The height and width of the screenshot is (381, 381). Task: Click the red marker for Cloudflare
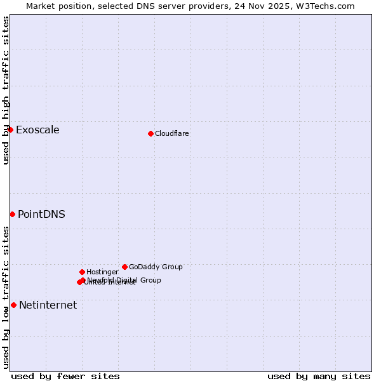(x=150, y=133)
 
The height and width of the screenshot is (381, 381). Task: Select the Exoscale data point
(x=10, y=130)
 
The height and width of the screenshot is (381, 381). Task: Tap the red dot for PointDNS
(x=12, y=214)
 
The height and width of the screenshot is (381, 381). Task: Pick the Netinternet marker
(x=13, y=305)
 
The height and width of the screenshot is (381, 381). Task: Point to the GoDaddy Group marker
(x=124, y=267)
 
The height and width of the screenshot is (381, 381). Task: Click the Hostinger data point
(x=82, y=272)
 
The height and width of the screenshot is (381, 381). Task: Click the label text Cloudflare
(x=172, y=134)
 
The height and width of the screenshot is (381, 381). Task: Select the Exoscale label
(x=37, y=130)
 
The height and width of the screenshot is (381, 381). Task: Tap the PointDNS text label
(x=41, y=215)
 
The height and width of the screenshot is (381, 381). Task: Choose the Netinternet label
(x=48, y=305)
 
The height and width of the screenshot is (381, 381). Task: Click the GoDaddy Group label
(x=156, y=267)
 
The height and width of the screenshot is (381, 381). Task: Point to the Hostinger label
(x=102, y=272)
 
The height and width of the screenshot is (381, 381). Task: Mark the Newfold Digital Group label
(x=124, y=280)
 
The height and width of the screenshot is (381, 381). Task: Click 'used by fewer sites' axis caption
(x=65, y=376)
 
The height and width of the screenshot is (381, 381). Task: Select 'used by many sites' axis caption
(x=319, y=376)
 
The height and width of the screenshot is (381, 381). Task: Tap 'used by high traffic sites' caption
(x=6, y=91)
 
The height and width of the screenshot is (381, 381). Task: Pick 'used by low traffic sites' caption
(x=6, y=297)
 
